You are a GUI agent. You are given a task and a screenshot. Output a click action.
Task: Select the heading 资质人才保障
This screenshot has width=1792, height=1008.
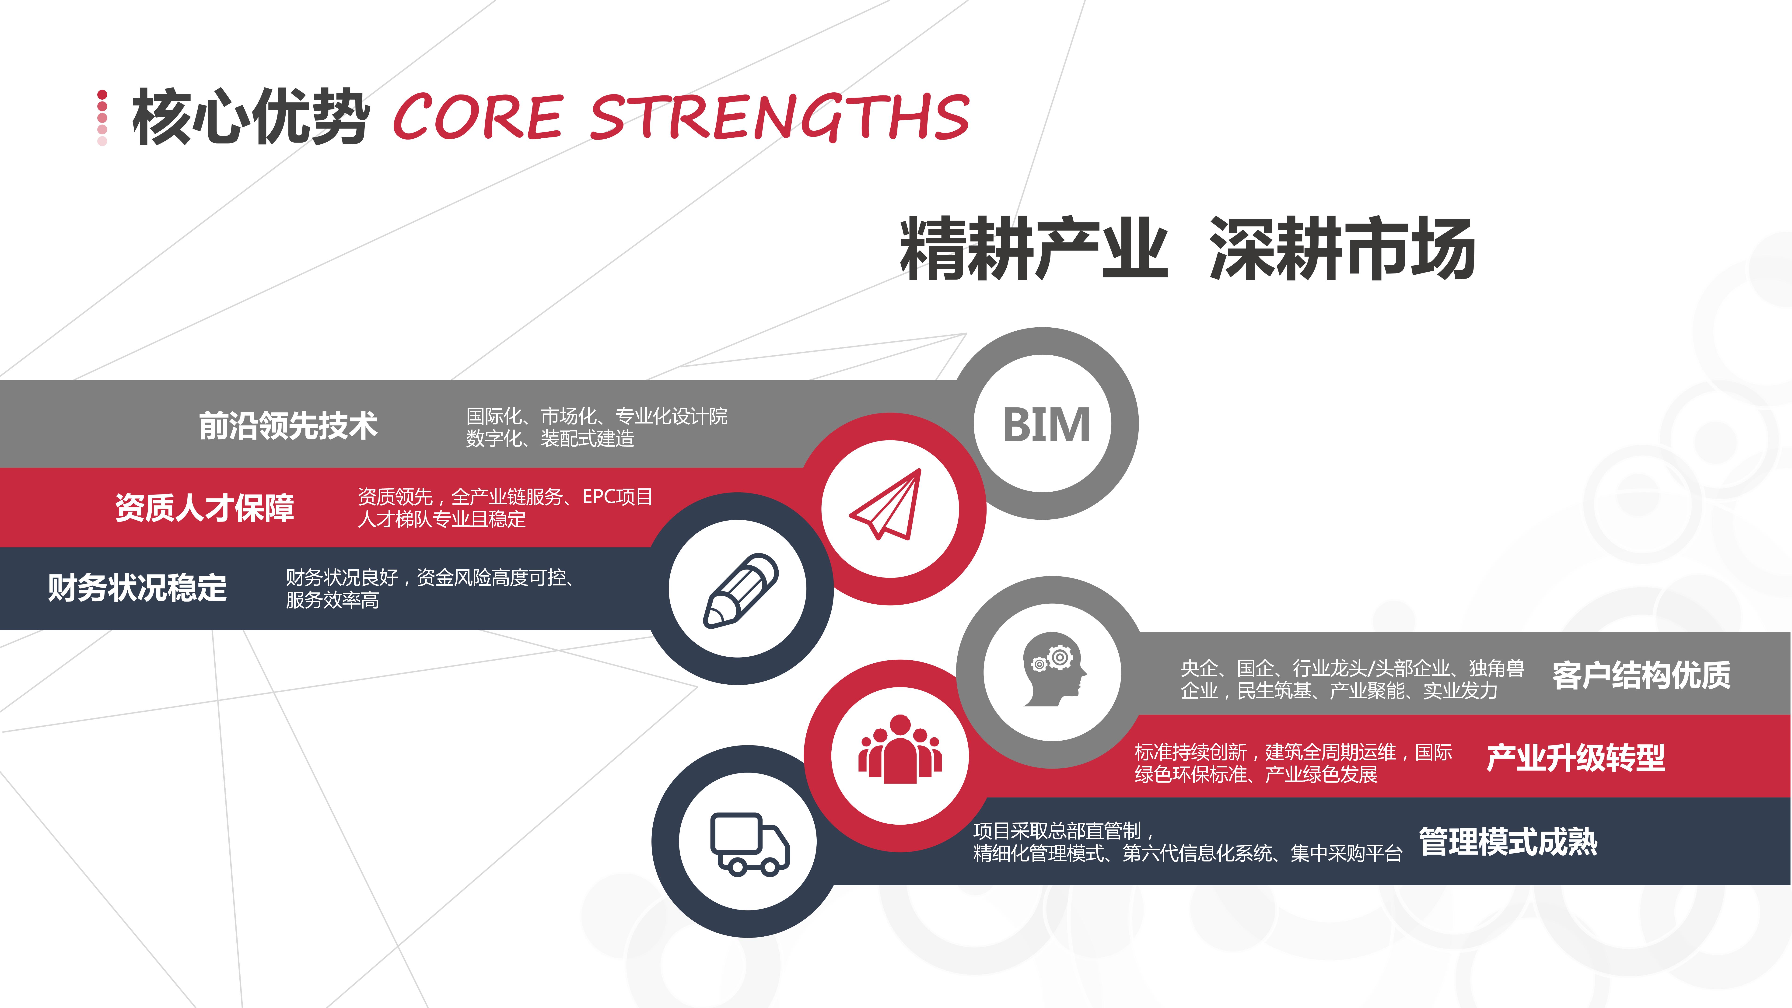205,507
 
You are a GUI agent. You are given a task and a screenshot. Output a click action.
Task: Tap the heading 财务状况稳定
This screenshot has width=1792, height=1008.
137,588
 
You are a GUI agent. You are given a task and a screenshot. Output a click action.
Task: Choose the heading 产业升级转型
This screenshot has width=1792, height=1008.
1576,758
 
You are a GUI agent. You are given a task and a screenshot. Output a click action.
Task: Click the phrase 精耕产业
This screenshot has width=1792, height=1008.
1034,248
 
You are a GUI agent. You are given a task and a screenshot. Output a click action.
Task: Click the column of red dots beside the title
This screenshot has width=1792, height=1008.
102,118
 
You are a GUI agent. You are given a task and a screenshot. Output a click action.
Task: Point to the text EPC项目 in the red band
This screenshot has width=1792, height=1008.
618,497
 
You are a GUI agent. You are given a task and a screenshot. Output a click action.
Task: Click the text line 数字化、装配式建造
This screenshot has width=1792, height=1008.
549,438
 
